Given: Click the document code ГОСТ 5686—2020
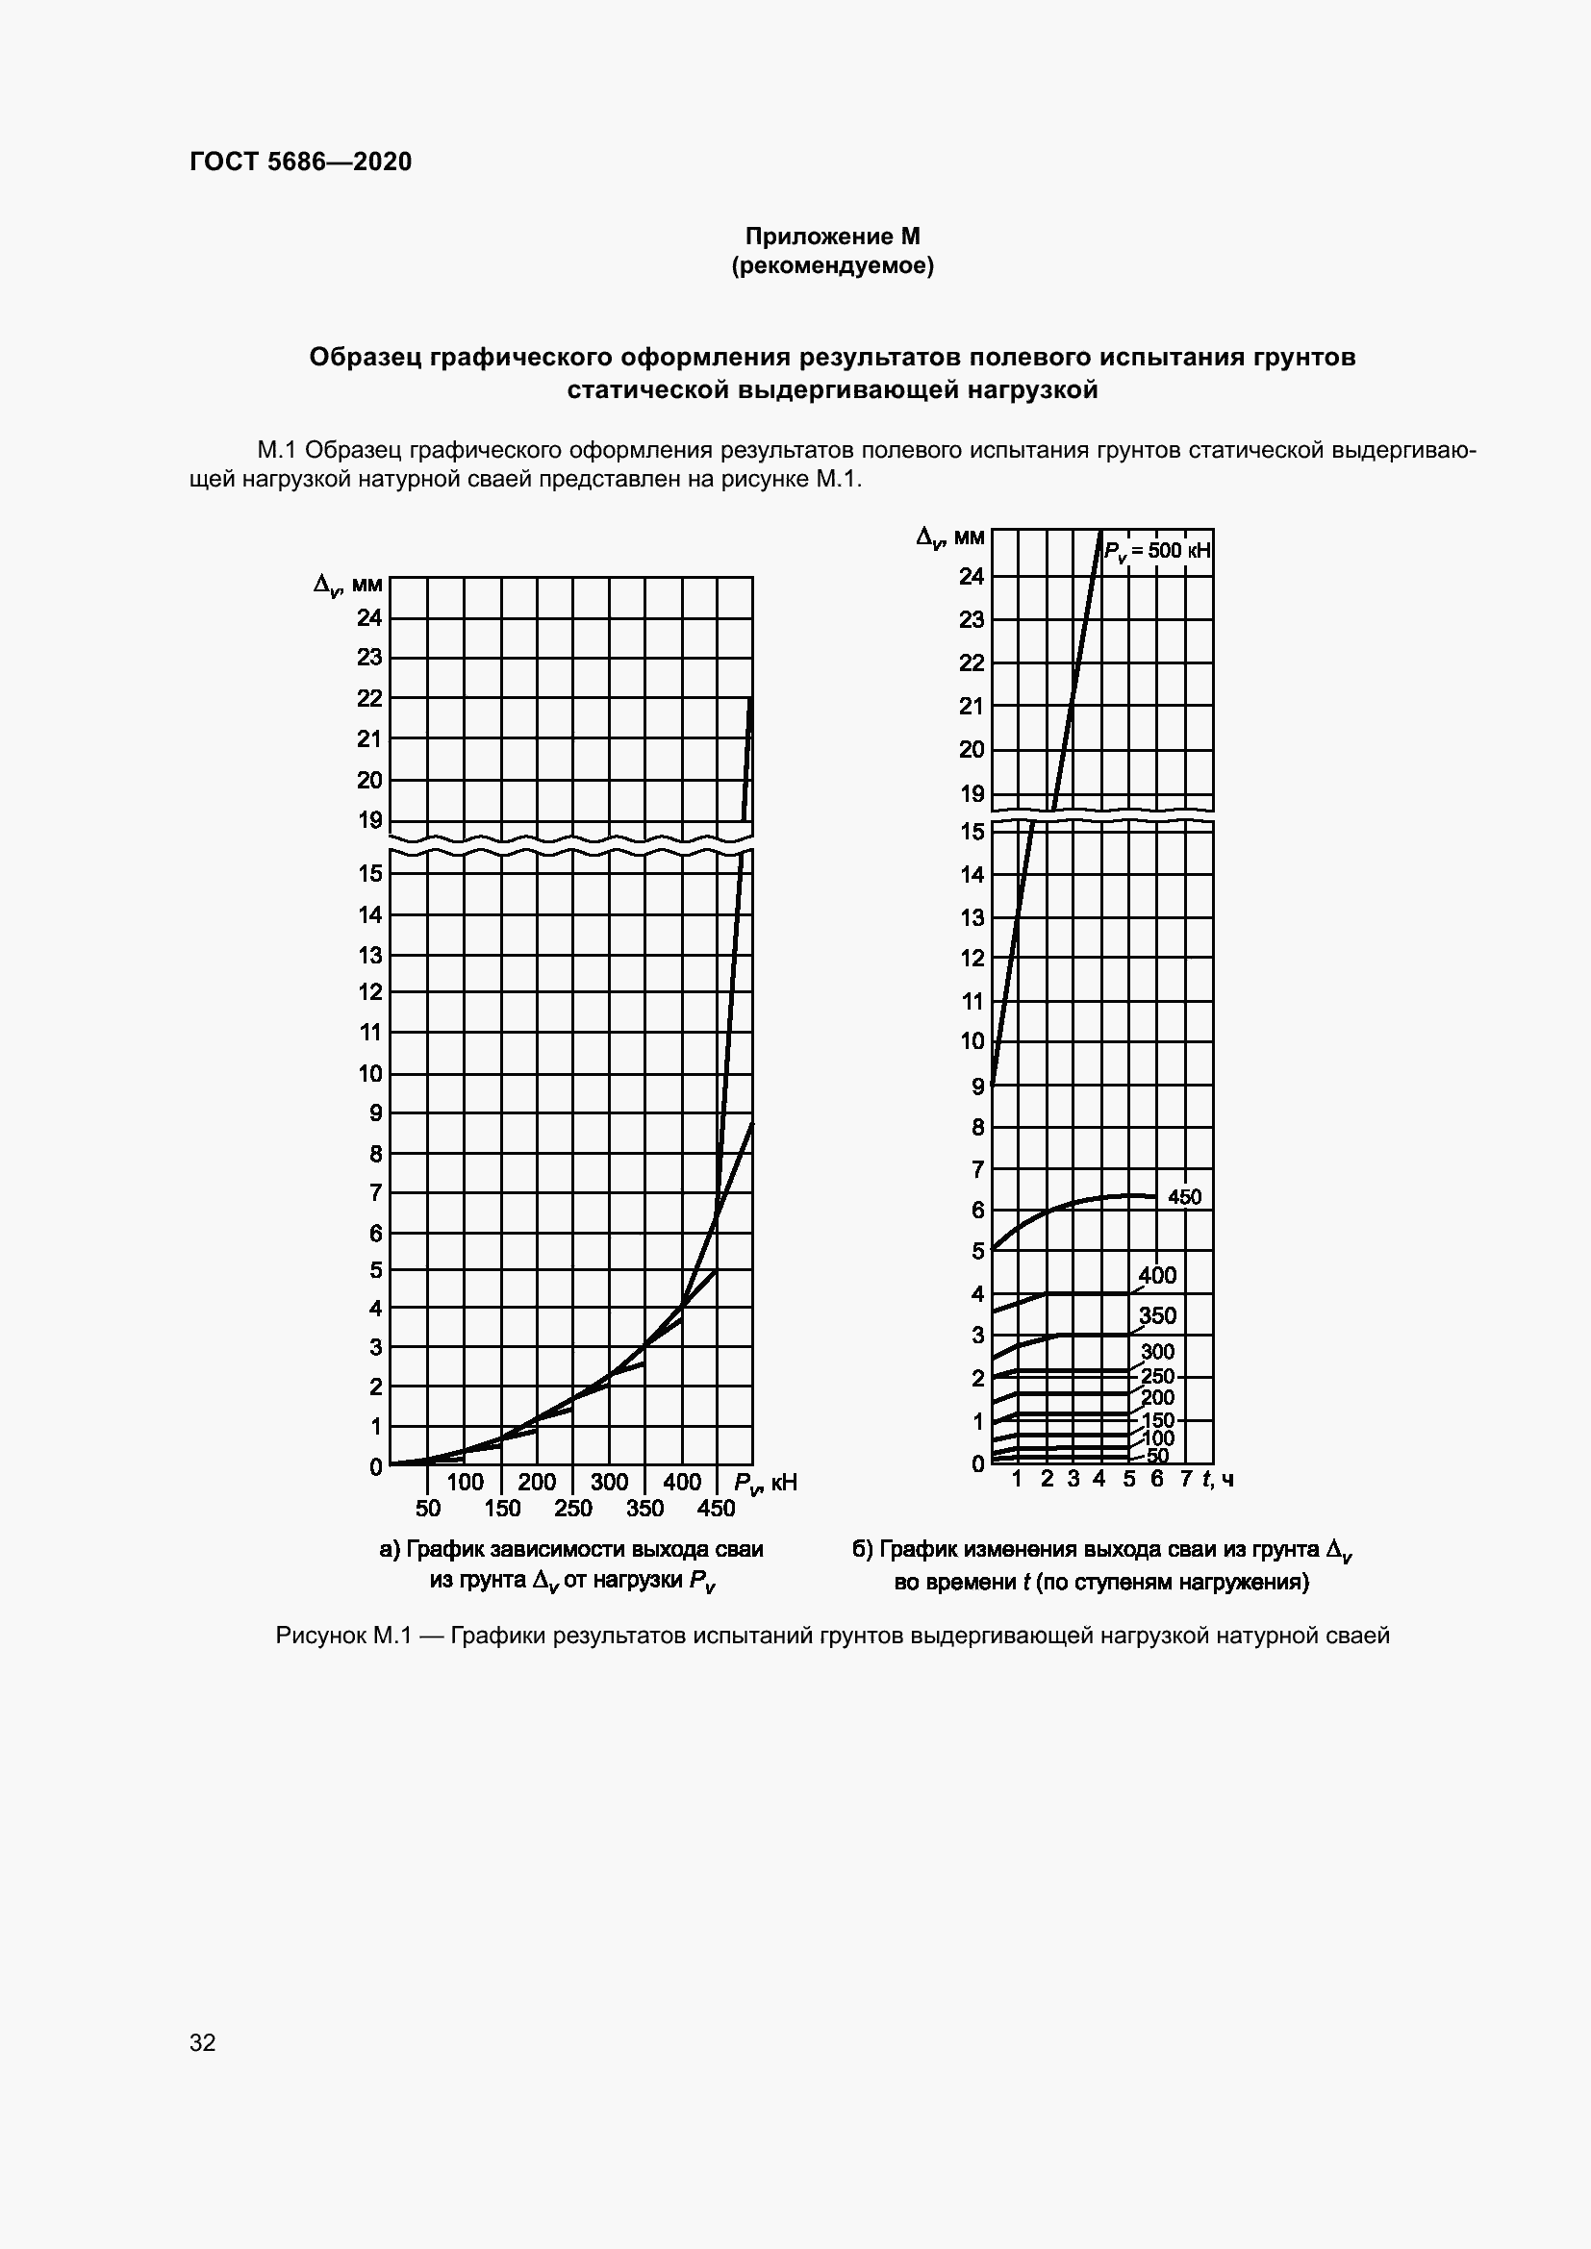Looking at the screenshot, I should (300, 162).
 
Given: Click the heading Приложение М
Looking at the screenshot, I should (832, 237).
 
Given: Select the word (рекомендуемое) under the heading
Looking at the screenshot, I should (832, 266).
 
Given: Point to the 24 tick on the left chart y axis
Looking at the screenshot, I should (369, 618).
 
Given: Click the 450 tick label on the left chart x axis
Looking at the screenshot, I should (717, 1509).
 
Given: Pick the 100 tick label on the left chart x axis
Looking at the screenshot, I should (466, 1482).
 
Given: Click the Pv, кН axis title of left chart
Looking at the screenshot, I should (765, 1483).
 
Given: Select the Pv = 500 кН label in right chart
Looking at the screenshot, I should (1157, 552).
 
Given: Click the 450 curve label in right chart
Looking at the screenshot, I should (1183, 1197).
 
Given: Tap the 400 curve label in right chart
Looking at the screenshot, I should (1157, 1275).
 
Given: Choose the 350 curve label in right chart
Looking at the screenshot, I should (1157, 1315).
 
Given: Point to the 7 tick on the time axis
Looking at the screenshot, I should (1185, 1479).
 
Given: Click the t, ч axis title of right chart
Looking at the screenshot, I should (1217, 1480).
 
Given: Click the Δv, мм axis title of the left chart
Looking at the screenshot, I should (347, 586).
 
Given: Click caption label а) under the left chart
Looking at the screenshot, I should (389, 1550).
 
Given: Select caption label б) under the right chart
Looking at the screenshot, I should (862, 1550).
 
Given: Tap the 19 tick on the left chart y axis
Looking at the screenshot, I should (369, 820).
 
